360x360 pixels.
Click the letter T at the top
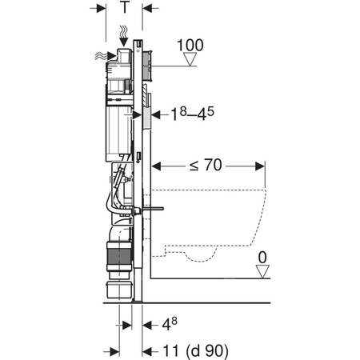(124, 8)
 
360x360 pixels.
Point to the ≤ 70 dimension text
(207, 166)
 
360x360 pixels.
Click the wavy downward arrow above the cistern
(122, 34)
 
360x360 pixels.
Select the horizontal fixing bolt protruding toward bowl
(152, 210)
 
